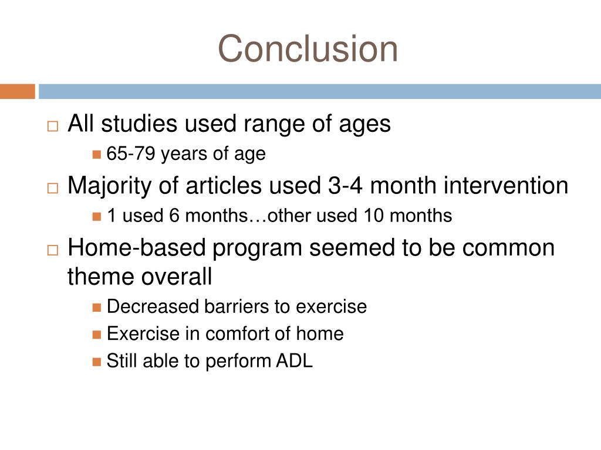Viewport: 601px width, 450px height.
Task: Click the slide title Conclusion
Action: [308, 48]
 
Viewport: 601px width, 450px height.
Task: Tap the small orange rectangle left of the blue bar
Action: [17, 91]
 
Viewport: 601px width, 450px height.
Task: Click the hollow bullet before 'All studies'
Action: [52, 127]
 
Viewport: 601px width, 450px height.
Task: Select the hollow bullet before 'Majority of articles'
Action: [52, 188]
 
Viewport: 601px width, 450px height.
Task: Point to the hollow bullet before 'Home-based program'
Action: [52, 250]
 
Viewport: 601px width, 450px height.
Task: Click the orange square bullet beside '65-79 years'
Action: [97, 155]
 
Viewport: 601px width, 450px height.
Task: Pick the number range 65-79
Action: [131, 154]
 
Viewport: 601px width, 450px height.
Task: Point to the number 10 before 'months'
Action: [373, 216]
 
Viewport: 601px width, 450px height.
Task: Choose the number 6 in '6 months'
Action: [174, 216]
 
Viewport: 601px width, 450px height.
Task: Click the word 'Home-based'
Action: [137, 247]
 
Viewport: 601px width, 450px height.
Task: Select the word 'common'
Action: [508, 248]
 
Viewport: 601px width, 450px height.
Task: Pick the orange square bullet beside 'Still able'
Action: [97, 362]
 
